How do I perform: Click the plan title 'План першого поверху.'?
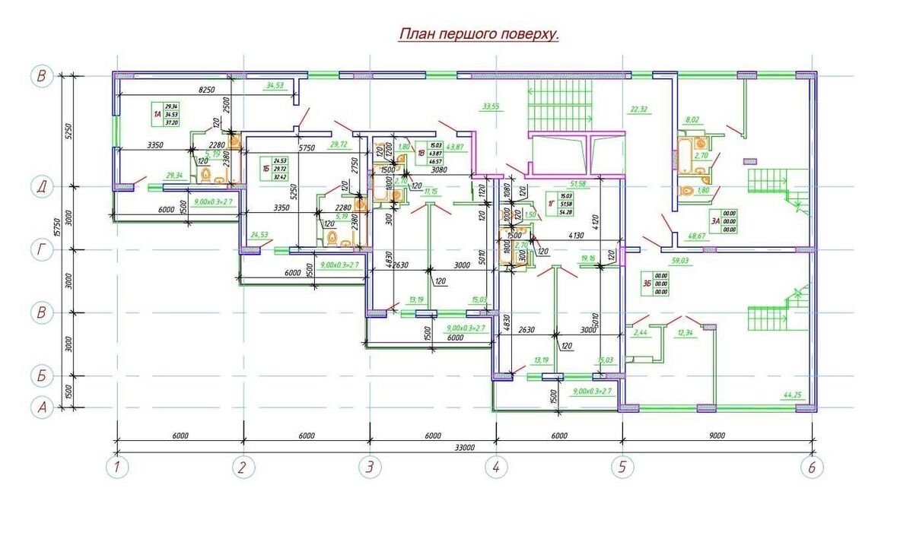coord(479,35)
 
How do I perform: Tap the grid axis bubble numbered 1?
coord(116,467)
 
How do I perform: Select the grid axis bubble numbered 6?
coord(812,467)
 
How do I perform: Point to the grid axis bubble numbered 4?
coord(495,467)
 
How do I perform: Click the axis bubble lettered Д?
coord(42,186)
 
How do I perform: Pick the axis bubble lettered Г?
coord(42,250)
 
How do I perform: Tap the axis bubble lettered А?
coord(42,407)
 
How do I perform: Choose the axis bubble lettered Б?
coord(42,376)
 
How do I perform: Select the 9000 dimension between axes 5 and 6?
coord(717,436)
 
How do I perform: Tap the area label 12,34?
coord(686,332)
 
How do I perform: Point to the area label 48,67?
coord(697,236)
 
